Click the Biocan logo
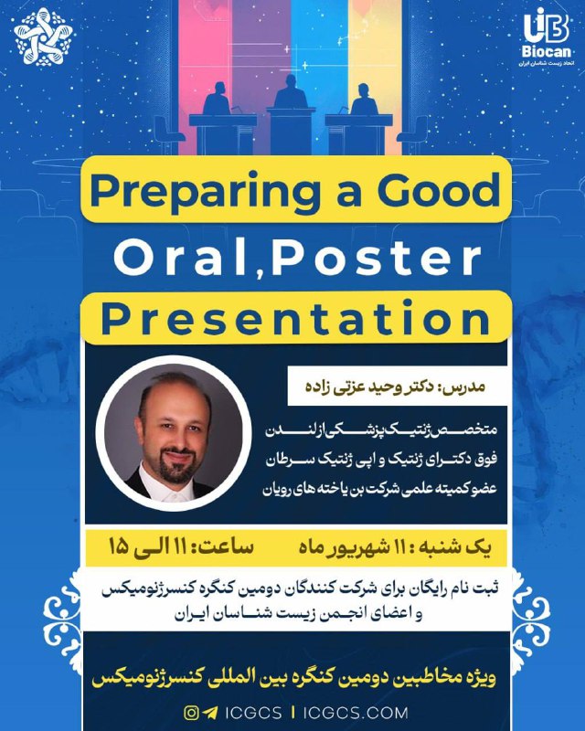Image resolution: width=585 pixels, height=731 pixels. pyautogui.click(x=547, y=37)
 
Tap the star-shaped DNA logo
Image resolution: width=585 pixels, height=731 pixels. pyautogui.click(x=43, y=37)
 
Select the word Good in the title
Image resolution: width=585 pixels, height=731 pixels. pyautogui.click(x=439, y=189)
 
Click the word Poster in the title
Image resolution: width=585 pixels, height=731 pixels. pyautogui.click(x=376, y=257)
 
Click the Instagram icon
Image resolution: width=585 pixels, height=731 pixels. pyautogui.click(x=191, y=713)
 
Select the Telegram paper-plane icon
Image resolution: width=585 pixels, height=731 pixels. pyautogui.click(x=210, y=713)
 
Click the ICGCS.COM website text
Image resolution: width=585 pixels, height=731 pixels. pyautogui.click(x=356, y=713)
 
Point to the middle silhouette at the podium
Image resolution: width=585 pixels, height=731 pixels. pyautogui.click(x=291, y=92)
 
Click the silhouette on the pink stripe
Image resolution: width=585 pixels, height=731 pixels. pyautogui.click(x=217, y=99)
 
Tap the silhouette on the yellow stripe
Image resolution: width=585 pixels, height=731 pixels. pyautogui.click(x=364, y=99)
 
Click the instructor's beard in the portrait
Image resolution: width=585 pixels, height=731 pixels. pyautogui.click(x=175, y=465)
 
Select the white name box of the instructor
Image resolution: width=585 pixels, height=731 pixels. pyautogui.click(x=397, y=386)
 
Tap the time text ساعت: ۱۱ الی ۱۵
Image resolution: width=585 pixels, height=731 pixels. pyautogui.click(x=181, y=546)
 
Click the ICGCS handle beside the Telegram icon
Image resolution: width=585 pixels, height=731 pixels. pyautogui.click(x=253, y=713)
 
